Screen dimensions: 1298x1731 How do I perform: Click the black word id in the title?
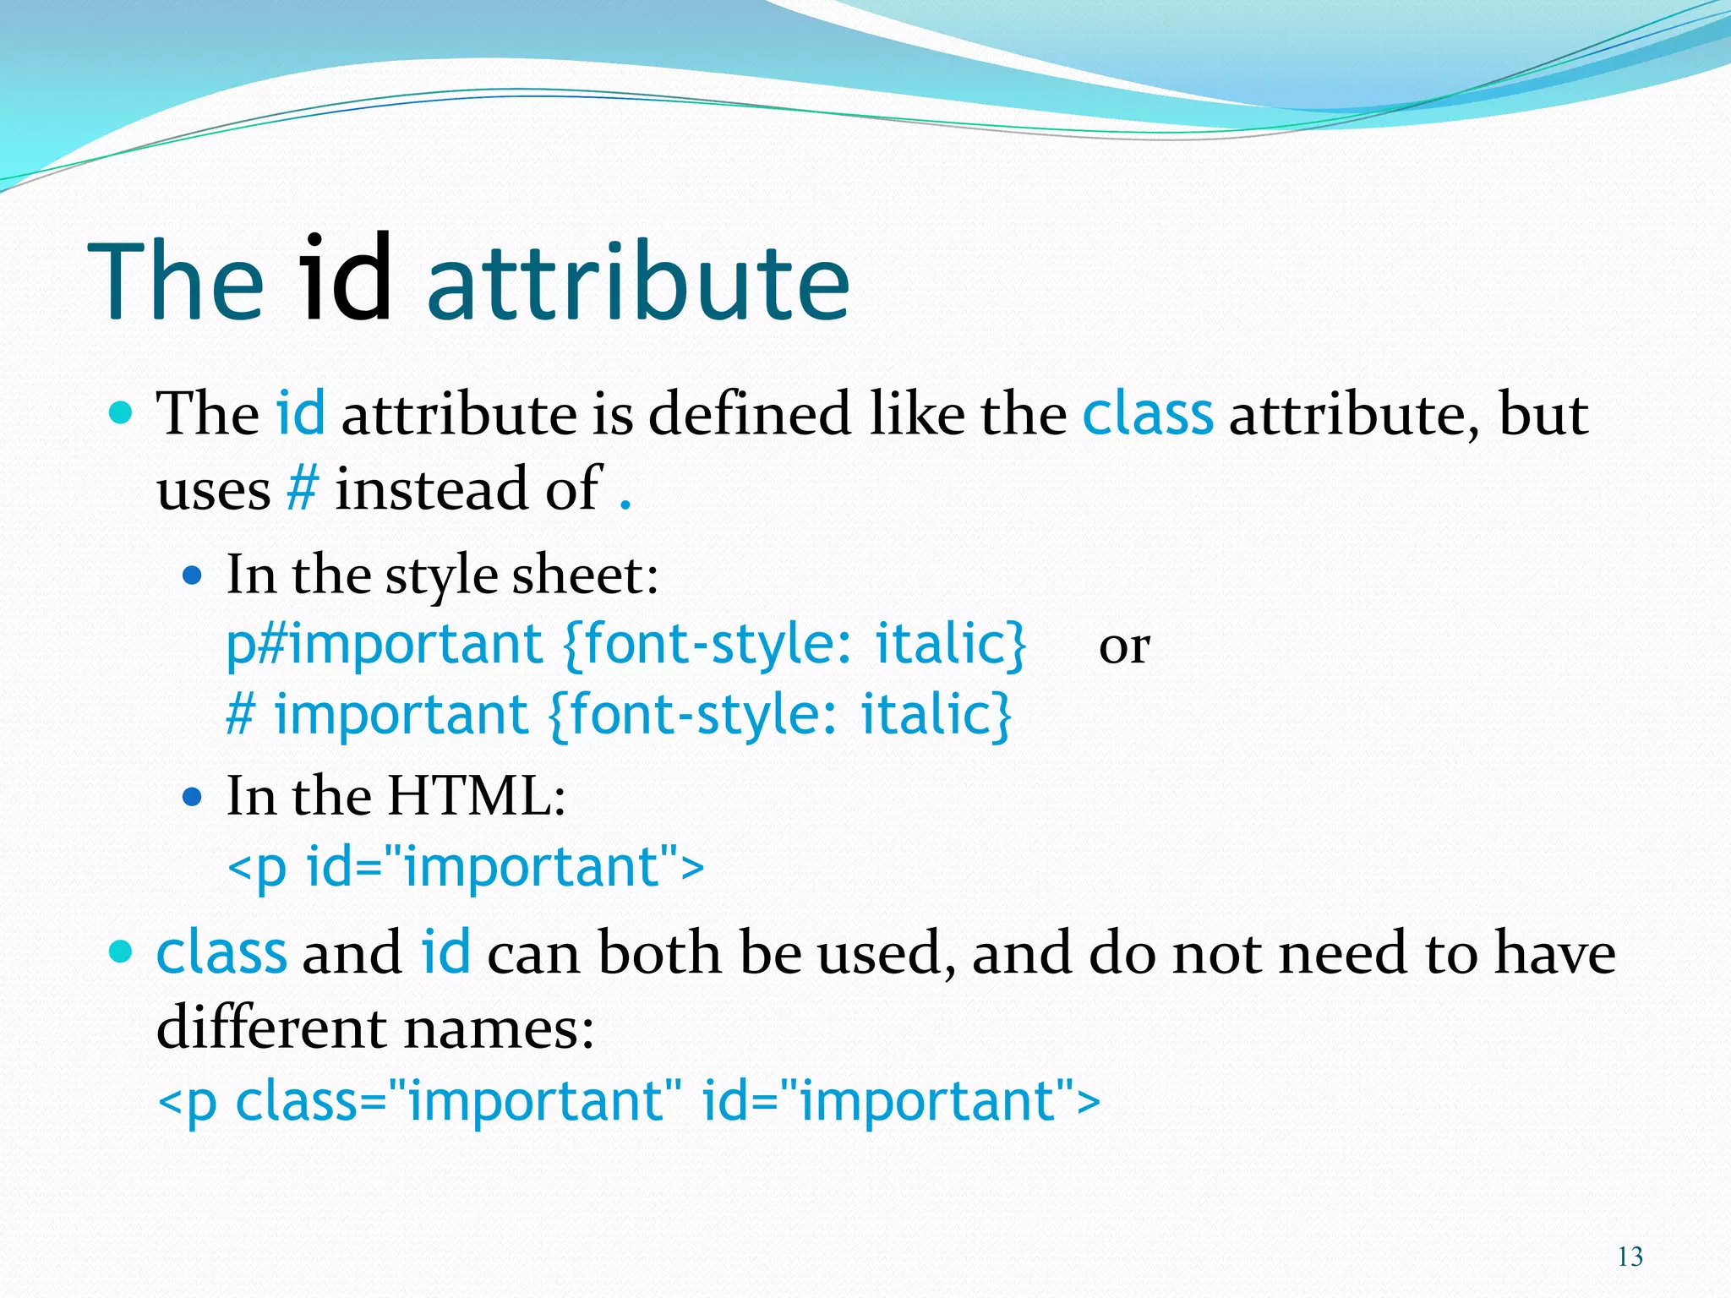pyautogui.click(x=347, y=279)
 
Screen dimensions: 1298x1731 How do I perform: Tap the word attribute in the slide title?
pyautogui.click(x=638, y=283)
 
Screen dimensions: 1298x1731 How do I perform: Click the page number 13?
pyautogui.click(x=1630, y=1257)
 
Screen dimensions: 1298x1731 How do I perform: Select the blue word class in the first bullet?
pyautogui.click(x=1147, y=414)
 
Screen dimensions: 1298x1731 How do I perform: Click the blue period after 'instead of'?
pyautogui.click(x=625, y=505)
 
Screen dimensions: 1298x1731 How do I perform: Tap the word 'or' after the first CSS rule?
pyautogui.click(x=1123, y=647)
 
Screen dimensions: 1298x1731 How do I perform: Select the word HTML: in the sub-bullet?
pyautogui.click(x=477, y=796)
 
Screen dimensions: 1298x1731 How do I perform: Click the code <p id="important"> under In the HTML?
pyautogui.click(x=466, y=867)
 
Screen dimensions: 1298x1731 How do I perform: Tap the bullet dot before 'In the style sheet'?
pyautogui.click(x=193, y=576)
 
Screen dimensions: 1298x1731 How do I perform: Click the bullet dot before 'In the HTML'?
pyautogui.click(x=193, y=796)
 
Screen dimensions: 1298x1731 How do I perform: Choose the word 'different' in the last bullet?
pyautogui.click(x=271, y=1028)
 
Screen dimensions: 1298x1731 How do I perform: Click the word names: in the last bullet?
pyautogui.click(x=499, y=1028)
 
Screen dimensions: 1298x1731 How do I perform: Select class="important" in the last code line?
pyautogui.click(x=457, y=1101)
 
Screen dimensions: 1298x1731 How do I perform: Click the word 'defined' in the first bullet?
pyautogui.click(x=750, y=414)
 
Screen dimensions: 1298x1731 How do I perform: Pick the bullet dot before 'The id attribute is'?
pyautogui.click(x=122, y=413)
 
